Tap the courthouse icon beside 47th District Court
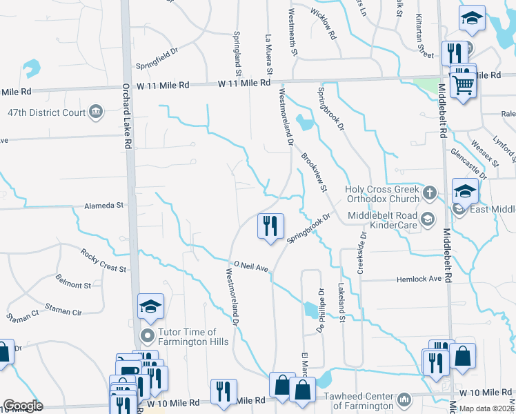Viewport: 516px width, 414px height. pyautogui.click(x=96, y=111)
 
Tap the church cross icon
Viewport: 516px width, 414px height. pyautogui.click(x=430, y=193)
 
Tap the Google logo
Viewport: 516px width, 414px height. pyautogui.click(x=23, y=406)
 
